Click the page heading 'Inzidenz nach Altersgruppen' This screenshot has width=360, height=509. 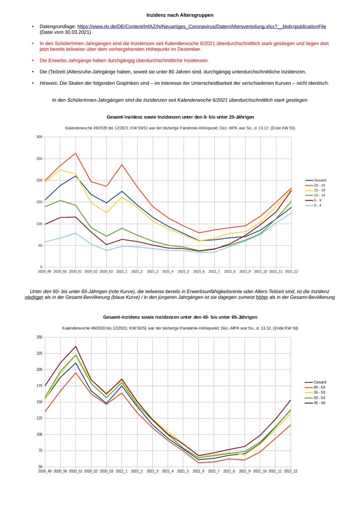coord(180,15)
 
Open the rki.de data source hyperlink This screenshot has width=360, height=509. coord(202,26)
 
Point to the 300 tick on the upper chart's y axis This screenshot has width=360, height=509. coord(39,137)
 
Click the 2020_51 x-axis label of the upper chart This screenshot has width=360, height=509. coord(76,271)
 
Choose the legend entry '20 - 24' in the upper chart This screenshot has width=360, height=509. coord(320,185)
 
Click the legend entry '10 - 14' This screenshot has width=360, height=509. coord(320,195)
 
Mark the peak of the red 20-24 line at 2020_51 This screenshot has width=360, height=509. coord(76,153)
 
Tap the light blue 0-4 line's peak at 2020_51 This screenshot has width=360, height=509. coord(76,233)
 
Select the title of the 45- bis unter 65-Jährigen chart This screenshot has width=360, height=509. coord(180,317)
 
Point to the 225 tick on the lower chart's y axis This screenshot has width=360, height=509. coord(39,353)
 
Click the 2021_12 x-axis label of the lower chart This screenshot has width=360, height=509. coord(291,471)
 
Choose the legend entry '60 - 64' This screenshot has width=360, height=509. coord(320,387)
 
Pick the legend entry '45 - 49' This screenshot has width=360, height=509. coord(320,402)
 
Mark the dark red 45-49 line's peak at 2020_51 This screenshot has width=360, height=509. coord(76,346)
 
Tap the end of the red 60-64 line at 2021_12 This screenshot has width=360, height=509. coord(291,425)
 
